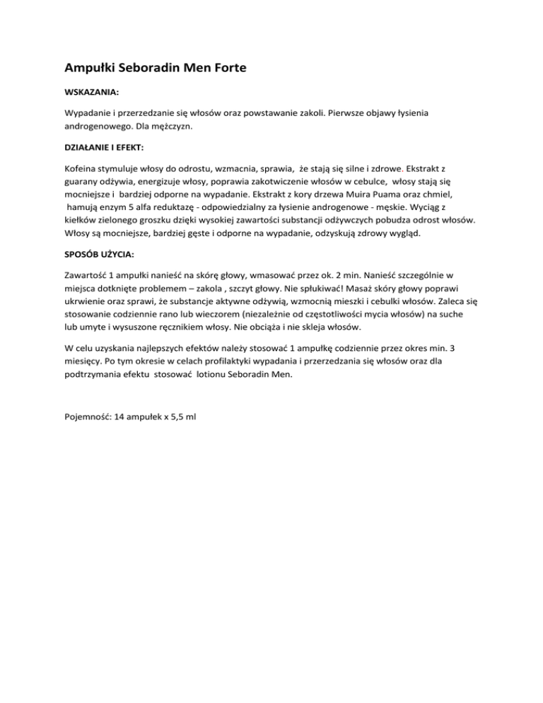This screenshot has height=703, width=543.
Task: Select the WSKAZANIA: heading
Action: (x=92, y=92)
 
